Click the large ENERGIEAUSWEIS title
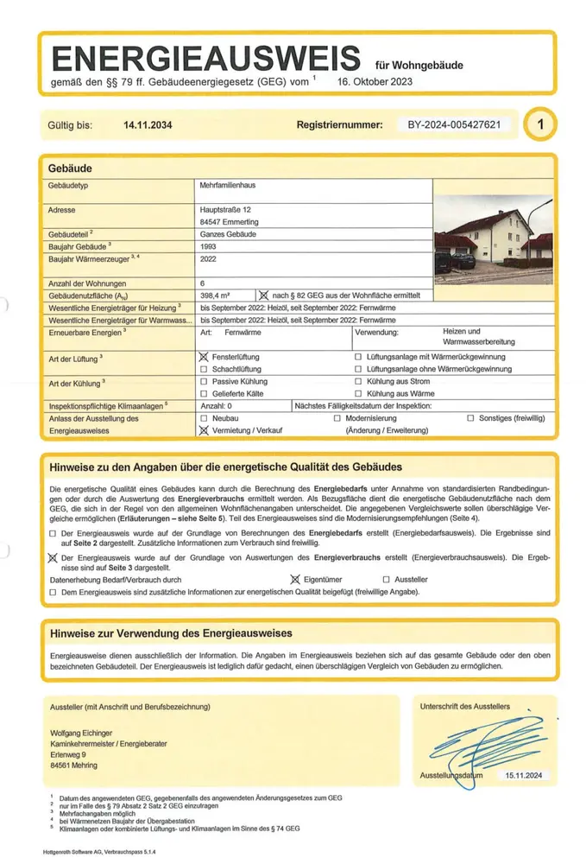(205, 58)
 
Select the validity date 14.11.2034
(148, 126)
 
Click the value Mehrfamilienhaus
(228, 186)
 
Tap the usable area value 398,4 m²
(216, 295)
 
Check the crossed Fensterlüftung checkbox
(204, 357)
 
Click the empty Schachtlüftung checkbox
(204, 369)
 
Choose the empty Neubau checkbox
(204, 417)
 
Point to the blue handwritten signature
(479, 740)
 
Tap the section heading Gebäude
(71, 167)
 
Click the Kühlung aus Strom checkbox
(358, 381)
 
